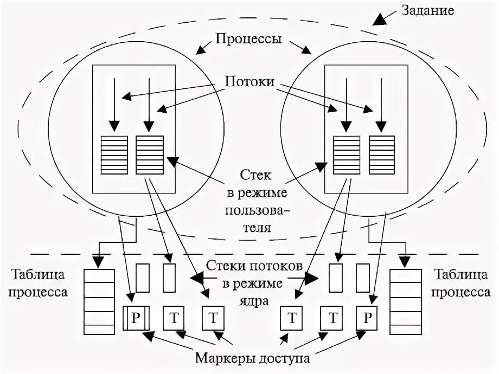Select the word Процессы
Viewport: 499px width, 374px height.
(x=248, y=40)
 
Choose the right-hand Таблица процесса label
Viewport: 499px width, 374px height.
(x=464, y=285)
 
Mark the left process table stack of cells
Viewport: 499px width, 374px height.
(x=99, y=301)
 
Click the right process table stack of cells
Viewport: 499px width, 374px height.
(x=405, y=301)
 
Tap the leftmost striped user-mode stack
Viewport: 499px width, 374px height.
(x=114, y=154)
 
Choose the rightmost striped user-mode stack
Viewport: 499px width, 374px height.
(x=382, y=154)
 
